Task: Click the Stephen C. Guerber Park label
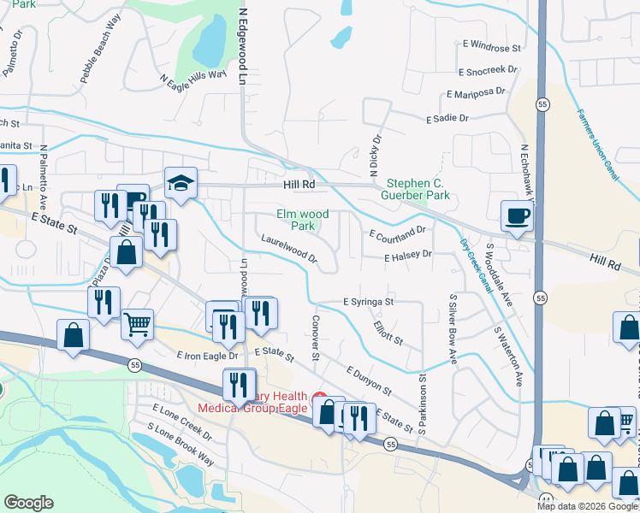(418, 190)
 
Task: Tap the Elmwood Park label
(303, 220)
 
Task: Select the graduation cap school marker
(181, 183)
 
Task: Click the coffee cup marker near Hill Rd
(517, 216)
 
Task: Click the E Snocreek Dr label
(489, 72)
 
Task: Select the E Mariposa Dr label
(477, 95)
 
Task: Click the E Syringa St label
(368, 302)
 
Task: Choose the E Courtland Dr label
(397, 232)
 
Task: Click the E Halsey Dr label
(408, 255)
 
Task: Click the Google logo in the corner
(28, 503)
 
